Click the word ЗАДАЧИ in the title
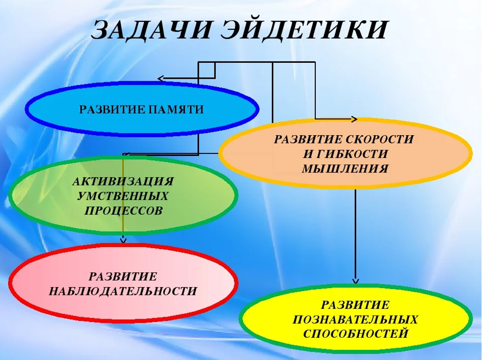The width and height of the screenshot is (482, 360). point(150,30)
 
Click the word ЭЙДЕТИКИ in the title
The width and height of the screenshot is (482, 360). point(302,30)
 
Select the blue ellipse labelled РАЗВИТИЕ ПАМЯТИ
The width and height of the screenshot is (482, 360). point(142,109)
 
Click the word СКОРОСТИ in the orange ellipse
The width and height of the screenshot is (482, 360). point(380,139)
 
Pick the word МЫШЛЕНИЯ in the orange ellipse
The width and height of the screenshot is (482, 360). point(345,169)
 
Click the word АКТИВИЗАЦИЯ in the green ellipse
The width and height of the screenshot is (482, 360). point(123,181)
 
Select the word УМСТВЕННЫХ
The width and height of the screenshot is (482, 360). point(123,196)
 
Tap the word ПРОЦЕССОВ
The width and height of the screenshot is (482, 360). point(123,211)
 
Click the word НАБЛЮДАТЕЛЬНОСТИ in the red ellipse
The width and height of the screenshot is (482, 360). point(123,291)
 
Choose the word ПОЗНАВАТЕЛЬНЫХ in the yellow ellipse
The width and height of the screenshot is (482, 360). point(355,319)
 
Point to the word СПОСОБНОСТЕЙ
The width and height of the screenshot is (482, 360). point(355,334)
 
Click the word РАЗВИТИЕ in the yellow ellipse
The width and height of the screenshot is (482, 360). point(355,305)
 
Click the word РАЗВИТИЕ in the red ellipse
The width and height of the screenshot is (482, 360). point(123,276)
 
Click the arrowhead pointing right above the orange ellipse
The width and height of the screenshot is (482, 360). point(354,119)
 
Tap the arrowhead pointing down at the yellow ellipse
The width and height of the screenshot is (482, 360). point(356,281)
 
